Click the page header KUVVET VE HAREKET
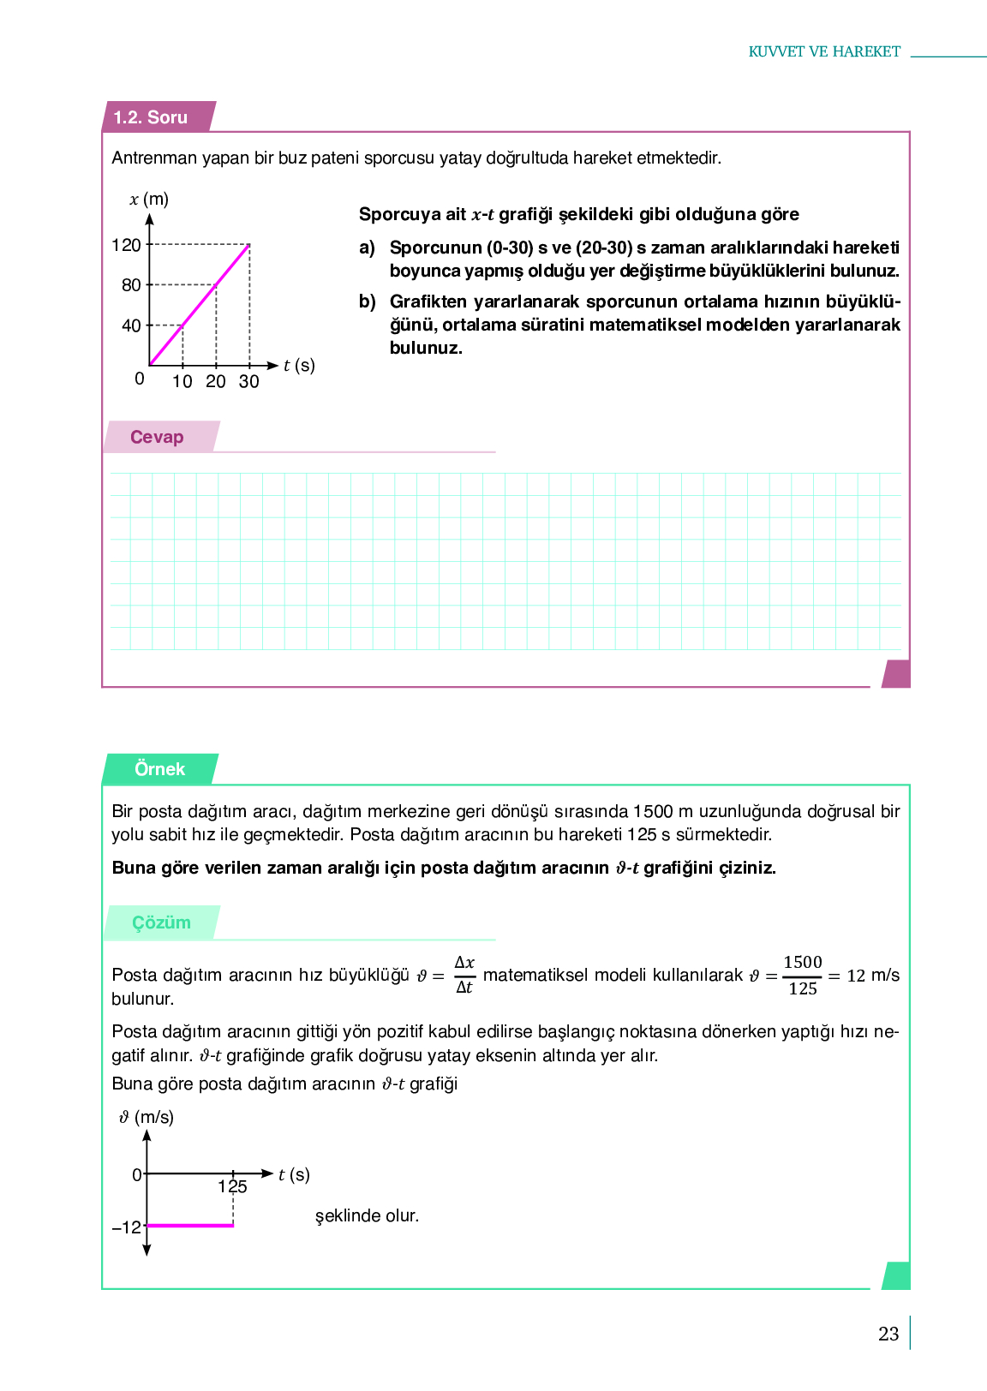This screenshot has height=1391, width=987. coord(824,51)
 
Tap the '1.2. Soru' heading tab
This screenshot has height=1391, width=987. coord(151,117)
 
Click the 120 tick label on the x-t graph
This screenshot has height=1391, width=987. coord(126,245)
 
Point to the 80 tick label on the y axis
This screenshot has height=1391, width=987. coord(131,285)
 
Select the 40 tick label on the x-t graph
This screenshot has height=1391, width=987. coord(131,325)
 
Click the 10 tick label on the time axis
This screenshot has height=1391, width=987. coord(182,382)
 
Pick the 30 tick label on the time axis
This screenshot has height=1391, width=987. coord(248,382)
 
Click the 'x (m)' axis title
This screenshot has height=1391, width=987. coord(149,199)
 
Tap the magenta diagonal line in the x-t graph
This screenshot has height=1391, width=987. coord(200,305)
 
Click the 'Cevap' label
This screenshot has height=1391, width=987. coord(157,437)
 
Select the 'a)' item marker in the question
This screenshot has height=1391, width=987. coord(367,248)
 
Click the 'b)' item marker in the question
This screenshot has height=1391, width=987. coord(367,301)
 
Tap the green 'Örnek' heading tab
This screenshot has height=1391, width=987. coord(159,769)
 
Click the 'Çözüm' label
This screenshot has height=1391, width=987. coord(161,922)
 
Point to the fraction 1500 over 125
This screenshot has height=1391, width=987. coord(803,976)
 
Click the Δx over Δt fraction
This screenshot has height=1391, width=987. coord(464,975)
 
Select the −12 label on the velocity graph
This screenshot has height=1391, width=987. coord(127,1227)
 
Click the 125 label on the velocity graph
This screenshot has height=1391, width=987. coord(232,1187)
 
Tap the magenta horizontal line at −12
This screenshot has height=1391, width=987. coord(190,1226)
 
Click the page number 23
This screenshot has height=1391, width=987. coord(888,1334)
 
